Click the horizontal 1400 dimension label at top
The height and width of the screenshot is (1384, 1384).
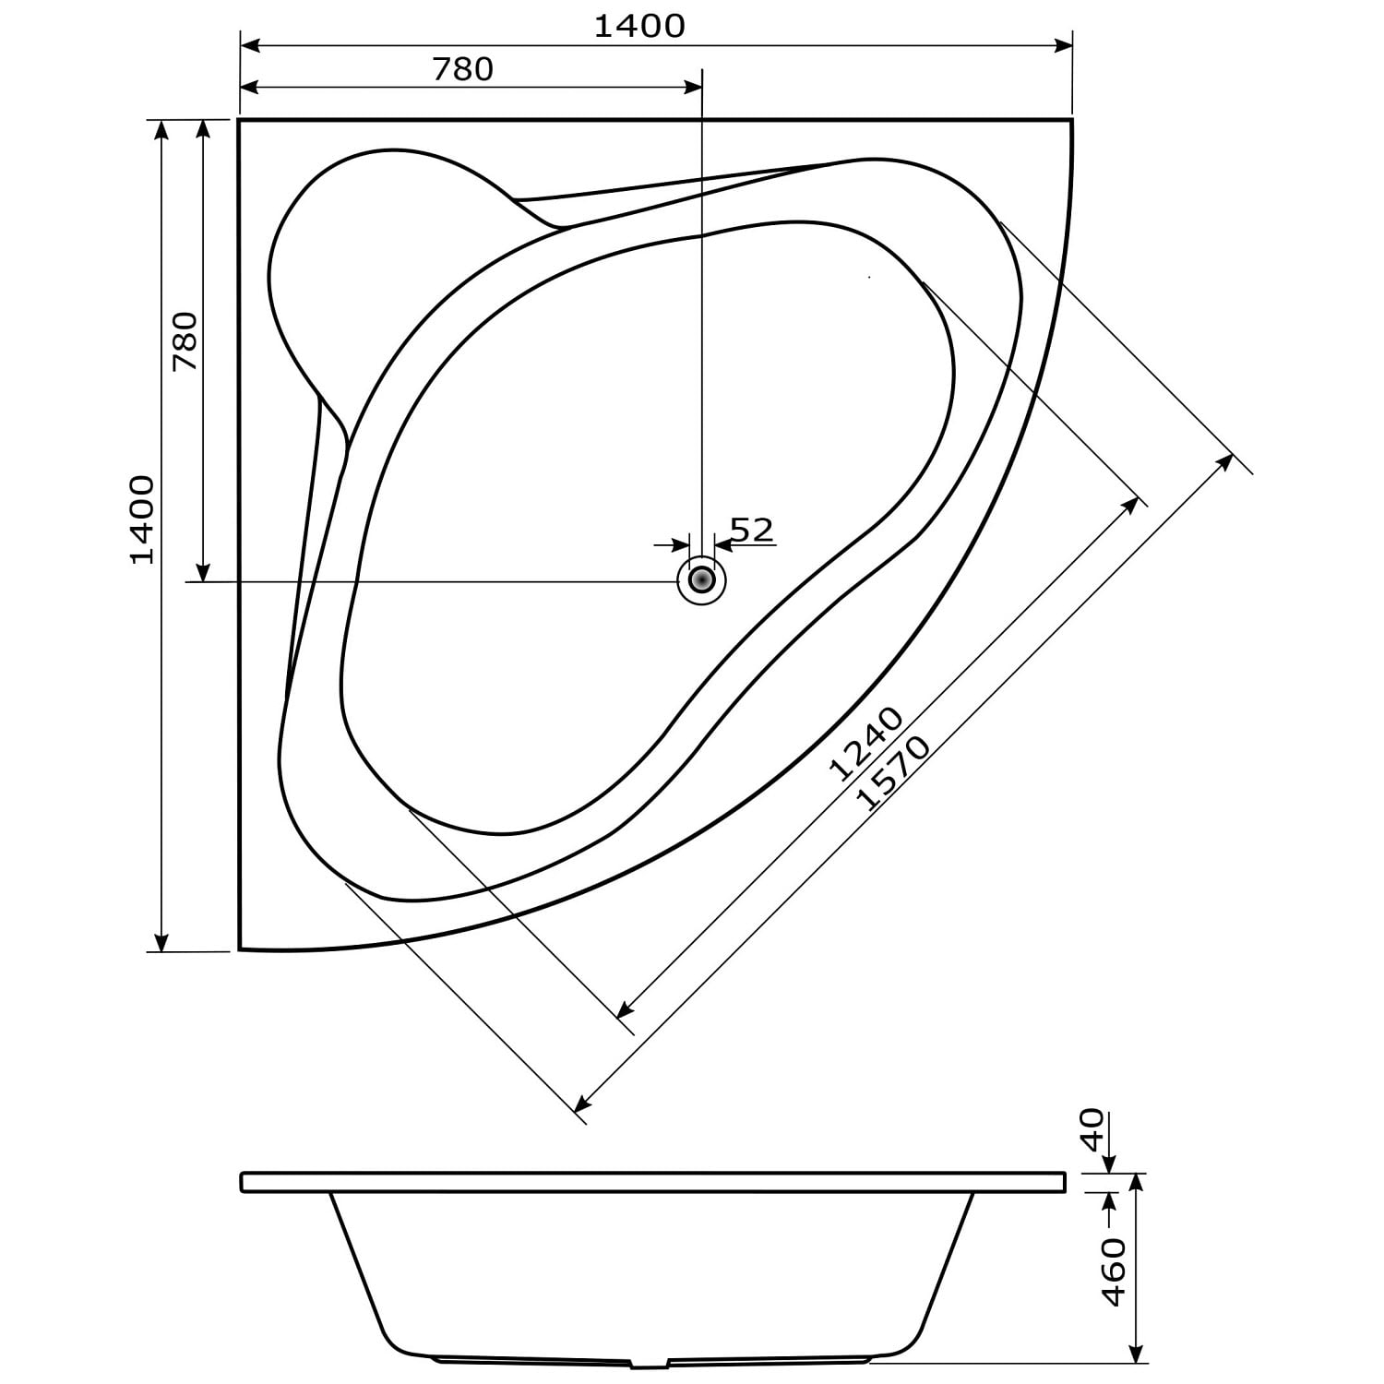click(638, 26)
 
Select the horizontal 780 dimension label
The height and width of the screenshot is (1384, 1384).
click(462, 69)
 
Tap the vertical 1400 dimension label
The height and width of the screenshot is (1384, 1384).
click(142, 519)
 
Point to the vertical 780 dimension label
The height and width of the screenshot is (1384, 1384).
click(185, 341)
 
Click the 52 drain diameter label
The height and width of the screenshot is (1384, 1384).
click(751, 530)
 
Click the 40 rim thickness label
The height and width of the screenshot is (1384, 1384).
click(1092, 1130)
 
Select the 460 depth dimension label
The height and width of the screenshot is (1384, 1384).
click(1114, 1272)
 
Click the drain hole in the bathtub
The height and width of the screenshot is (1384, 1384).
click(702, 580)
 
